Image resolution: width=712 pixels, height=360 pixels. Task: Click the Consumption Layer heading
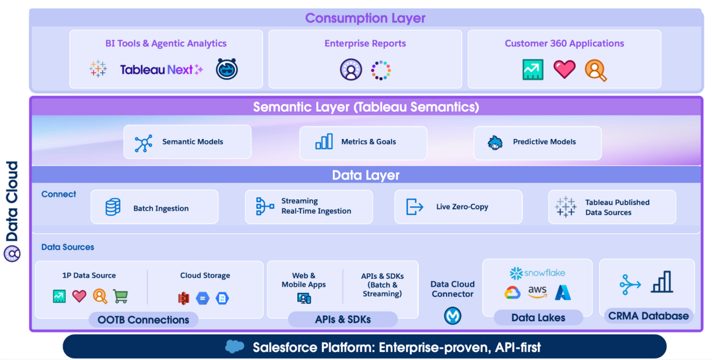tap(365, 18)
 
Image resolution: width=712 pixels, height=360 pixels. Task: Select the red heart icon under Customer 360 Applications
tap(564, 69)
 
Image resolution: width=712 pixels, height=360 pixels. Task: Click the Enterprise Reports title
tap(365, 44)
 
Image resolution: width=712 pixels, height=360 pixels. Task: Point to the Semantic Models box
tap(187, 142)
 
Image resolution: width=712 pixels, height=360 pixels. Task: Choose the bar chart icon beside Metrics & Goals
tap(324, 142)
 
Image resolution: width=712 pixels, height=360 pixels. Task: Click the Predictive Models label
tap(544, 142)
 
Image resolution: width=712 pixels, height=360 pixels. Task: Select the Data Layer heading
tap(366, 175)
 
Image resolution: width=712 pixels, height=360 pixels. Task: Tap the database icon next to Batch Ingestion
tap(113, 207)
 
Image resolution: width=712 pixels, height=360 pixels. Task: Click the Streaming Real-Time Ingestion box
tap(309, 207)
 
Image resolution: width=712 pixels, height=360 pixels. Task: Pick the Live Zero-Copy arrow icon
tap(414, 207)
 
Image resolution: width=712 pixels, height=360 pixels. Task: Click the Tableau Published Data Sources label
tap(617, 207)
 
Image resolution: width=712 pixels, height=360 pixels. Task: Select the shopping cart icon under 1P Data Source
tap(120, 296)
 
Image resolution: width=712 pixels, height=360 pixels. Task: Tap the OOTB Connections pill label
tap(143, 320)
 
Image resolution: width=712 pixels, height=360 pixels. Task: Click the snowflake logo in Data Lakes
tap(537, 273)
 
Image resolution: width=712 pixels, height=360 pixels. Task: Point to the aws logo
tap(537, 292)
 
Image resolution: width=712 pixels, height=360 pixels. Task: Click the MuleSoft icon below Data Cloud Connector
tap(453, 316)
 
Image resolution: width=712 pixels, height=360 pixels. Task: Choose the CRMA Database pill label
tap(648, 316)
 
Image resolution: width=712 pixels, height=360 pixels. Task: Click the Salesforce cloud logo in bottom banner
tap(235, 347)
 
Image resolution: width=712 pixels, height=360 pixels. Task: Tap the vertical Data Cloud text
tap(12, 202)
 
